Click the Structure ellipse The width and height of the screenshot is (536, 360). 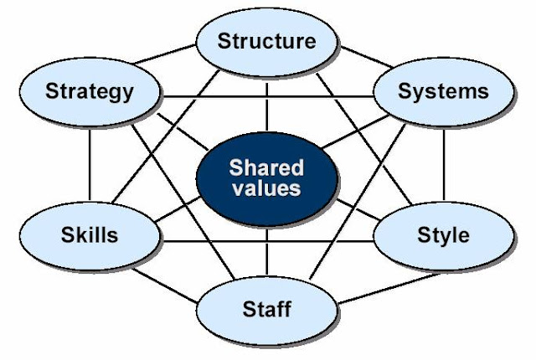click(x=267, y=40)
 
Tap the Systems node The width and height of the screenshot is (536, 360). click(x=443, y=90)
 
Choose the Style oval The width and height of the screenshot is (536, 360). click(x=443, y=234)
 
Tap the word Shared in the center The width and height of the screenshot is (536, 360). click(x=267, y=166)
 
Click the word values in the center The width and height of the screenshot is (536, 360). click(x=267, y=188)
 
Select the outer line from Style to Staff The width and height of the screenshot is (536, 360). click(x=368, y=285)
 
